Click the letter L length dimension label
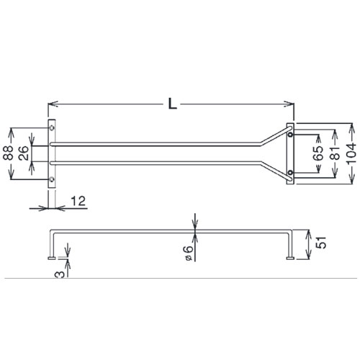pyautogui.click(x=172, y=104)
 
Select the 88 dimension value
pyautogui.click(x=9, y=153)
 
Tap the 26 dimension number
pyautogui.click(x=23, y=153)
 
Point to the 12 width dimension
pyautogui.click(x=78, y=201)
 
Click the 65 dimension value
pyautogui.click(x=318, y=153)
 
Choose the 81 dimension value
pyautogui.click(x=335, y=153)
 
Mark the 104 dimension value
pyautogui.click(x=351, y=153)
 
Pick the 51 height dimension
pyautogui.click(x=321, y=243)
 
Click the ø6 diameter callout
pyautogui.click(x=189, y=253)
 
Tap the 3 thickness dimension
pyautogui.click(x=60, y=274)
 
